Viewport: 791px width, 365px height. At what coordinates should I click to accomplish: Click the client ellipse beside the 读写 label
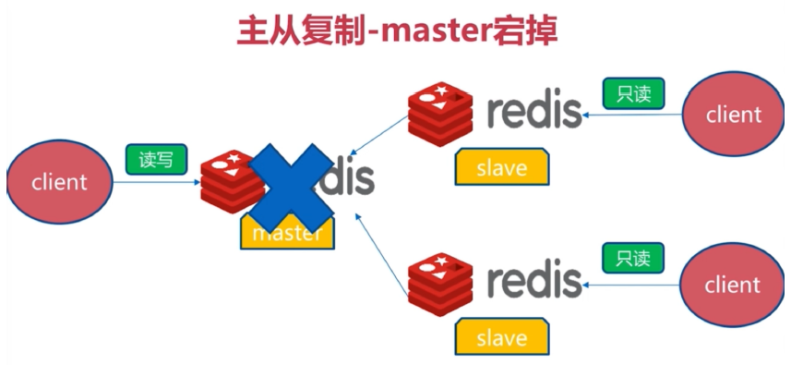(59, 182)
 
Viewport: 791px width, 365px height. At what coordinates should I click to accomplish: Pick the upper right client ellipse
(733, 115)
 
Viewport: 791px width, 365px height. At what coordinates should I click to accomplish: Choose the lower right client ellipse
(732, 286)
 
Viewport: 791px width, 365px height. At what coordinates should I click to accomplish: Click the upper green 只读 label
(634, 93)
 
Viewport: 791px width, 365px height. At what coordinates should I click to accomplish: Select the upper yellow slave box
(502, 168)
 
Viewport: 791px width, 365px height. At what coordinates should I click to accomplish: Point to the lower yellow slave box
(502, 337)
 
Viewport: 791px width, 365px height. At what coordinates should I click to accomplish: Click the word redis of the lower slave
(534, 279)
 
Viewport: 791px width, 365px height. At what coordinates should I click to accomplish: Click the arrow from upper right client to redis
(637, 115)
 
